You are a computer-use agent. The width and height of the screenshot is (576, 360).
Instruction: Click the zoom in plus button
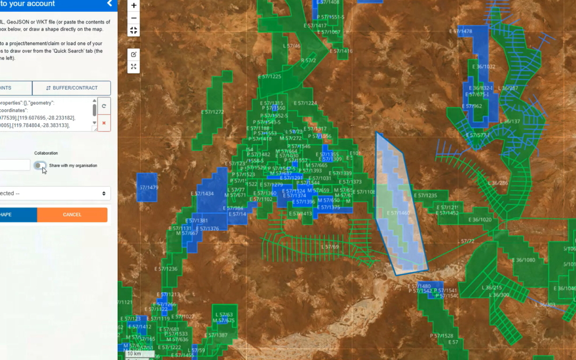(133, 6)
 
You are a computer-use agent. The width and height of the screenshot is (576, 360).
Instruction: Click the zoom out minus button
(133, 18)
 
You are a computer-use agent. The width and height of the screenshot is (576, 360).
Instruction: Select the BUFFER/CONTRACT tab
(71, 88)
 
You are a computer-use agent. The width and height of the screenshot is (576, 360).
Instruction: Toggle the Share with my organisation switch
(40, 165)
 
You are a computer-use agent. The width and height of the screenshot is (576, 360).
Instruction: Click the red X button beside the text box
(103, 123)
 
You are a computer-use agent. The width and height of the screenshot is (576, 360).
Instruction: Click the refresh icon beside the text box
(103, 106)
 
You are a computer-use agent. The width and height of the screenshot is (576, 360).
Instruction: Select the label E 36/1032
(484, 67)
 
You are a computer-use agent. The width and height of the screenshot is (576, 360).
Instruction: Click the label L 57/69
(330, 246)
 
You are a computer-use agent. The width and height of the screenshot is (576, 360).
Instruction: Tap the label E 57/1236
(165, 269)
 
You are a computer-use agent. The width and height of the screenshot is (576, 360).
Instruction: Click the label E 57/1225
(269, 76)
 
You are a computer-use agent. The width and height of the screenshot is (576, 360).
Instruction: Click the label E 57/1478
(460, 31)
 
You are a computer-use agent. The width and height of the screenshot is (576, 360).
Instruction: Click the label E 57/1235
(425, 196)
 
